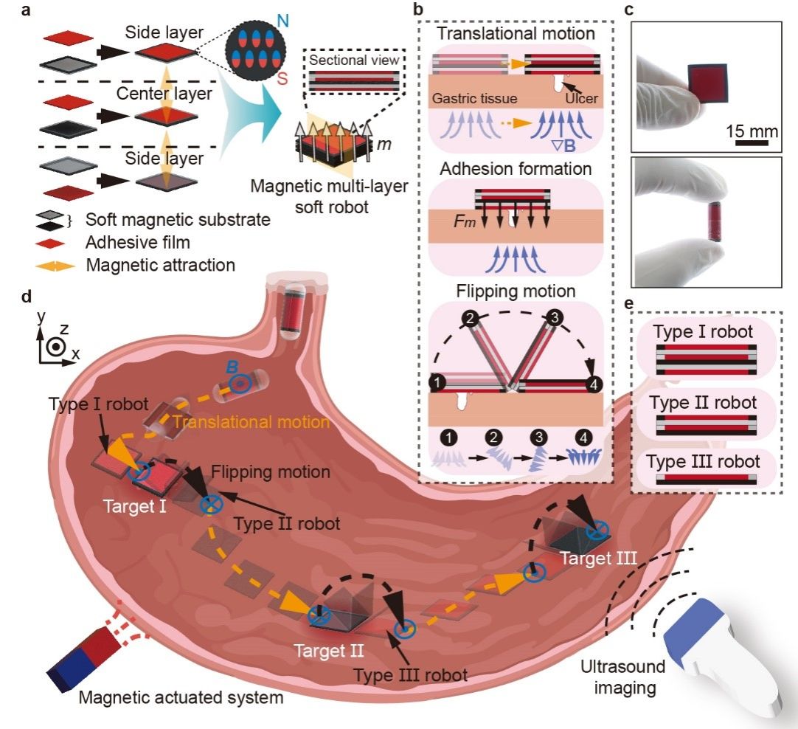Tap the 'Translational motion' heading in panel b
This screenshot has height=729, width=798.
pyautogui.click(x=516, y=33)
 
